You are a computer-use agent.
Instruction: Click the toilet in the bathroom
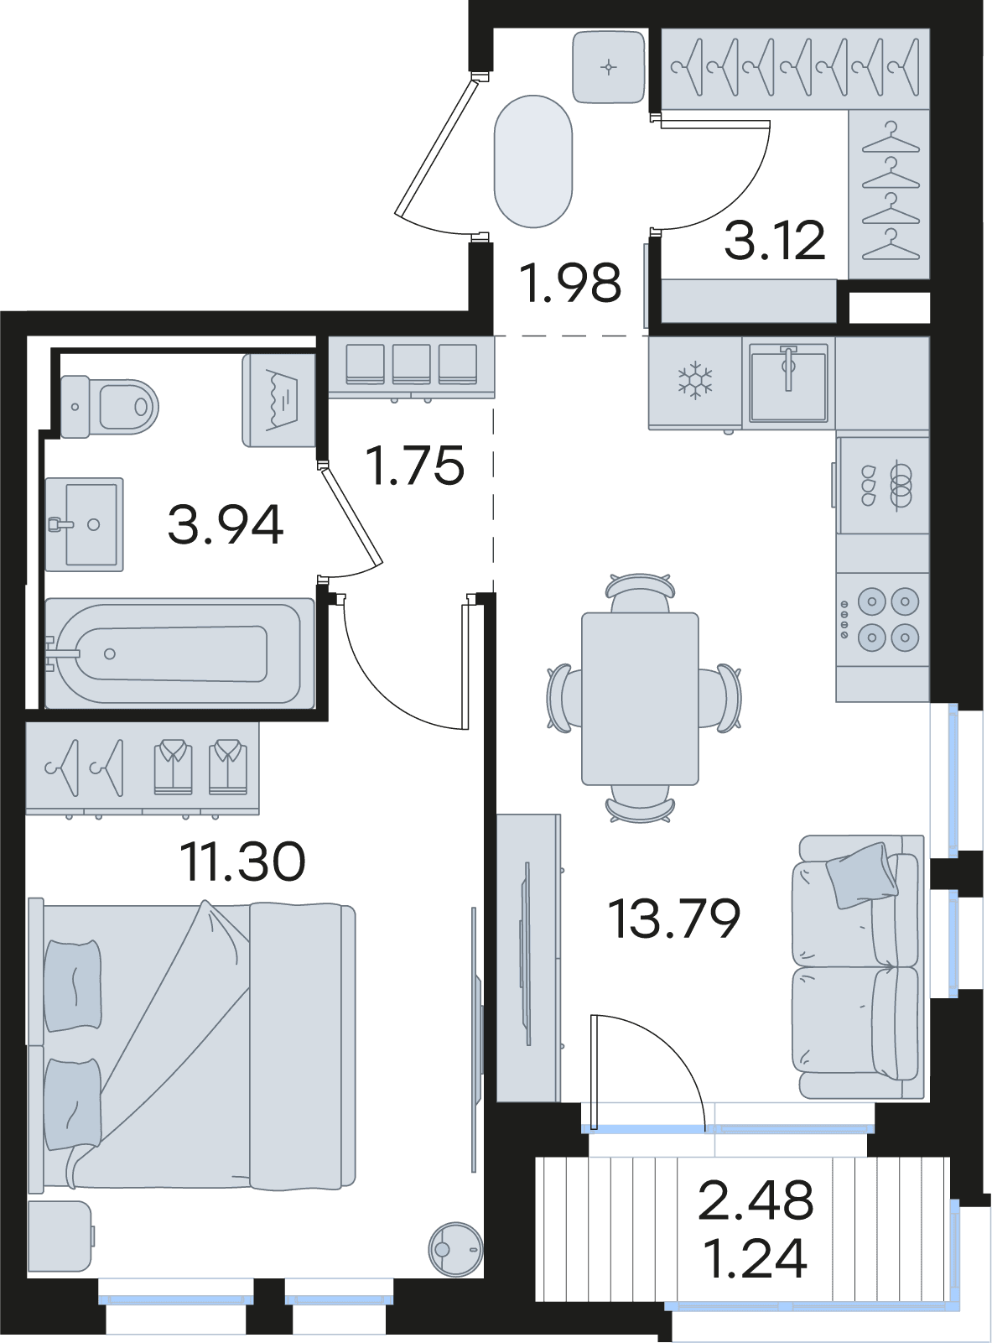pyautogui.click(x=109, y=406)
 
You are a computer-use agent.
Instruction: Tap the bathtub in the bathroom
pyautogui.click(x=179, y=653)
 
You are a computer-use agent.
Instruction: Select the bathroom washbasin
pyautogui.click(x=85, y=524)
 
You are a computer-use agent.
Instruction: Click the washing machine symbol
pyautogui.click(x=279, y=400)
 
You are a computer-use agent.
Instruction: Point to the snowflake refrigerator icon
pyautogui.click(x=695, y=381)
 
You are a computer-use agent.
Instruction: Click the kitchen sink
pyautogui.click(x=788, y=382)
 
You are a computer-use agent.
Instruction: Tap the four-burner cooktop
pyautogui.click(x=883, y=619)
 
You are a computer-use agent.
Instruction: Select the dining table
pyautogui.click(x=640, y=699)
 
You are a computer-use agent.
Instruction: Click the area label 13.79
pyautogui.click(x=673, y=919)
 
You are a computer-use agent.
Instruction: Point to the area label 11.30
pyautogui.click(x=242, y=861)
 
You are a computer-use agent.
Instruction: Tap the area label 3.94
pyautogui.click(x=226, y=524)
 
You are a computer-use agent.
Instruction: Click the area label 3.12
pyautogui.click(x=775, y=241)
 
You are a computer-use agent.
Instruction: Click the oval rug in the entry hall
pyautogui.click(x=533, y=161)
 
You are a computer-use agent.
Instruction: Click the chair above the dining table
pyautogui.click(x=640, y=593)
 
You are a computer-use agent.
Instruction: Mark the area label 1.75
pyautogui.click(x=415, y=465)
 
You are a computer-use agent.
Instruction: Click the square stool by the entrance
pyautogui.click(x=608, y=67)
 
